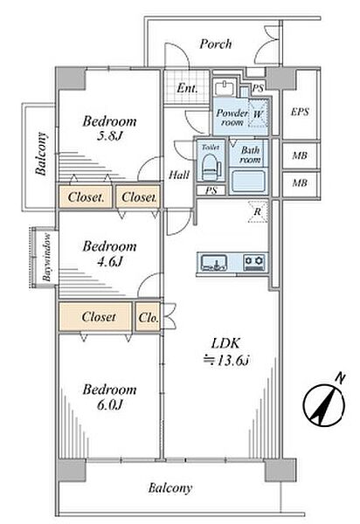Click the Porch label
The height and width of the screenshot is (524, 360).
(215, 44)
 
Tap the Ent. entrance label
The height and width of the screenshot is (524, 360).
(187, 88)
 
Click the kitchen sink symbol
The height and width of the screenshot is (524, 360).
(214, 263)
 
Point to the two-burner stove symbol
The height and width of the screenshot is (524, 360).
(254, 263)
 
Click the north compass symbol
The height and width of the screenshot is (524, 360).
(323, 403)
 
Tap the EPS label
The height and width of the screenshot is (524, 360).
(300, 112)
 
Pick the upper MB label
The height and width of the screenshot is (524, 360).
(300, 155)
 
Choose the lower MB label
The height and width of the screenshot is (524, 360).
(300, 183)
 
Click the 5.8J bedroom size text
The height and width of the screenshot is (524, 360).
(108, 136)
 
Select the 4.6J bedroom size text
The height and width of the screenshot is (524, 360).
(109, 261)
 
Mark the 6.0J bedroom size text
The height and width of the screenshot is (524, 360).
(110, 404)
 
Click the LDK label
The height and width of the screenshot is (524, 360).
(225, 343)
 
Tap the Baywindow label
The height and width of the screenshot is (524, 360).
(47, 258)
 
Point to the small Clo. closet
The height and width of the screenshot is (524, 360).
(148, 317)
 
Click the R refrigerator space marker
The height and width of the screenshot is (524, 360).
(258, 211)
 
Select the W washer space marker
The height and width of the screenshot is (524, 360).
(258, 114)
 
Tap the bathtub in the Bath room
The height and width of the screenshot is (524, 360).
(249, 181)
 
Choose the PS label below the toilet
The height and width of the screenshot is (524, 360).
(211, 190)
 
